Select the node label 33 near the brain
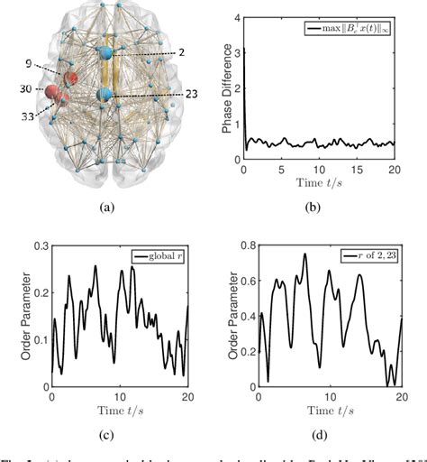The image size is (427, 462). (x=33, y=115)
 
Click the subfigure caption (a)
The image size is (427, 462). (x=106, y=206)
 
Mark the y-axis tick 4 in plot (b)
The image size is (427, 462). (x=236, y=17)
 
